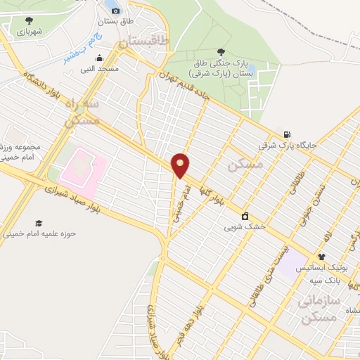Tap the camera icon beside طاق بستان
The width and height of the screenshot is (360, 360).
[115, 11]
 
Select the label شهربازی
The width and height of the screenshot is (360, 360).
[27, 32]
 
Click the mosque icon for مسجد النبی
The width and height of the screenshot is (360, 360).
[100, 58]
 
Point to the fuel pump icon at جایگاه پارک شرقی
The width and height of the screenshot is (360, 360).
[286, 134]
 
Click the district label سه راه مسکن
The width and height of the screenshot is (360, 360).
[82, 112]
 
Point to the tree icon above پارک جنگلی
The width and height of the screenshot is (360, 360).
[221, 51]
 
